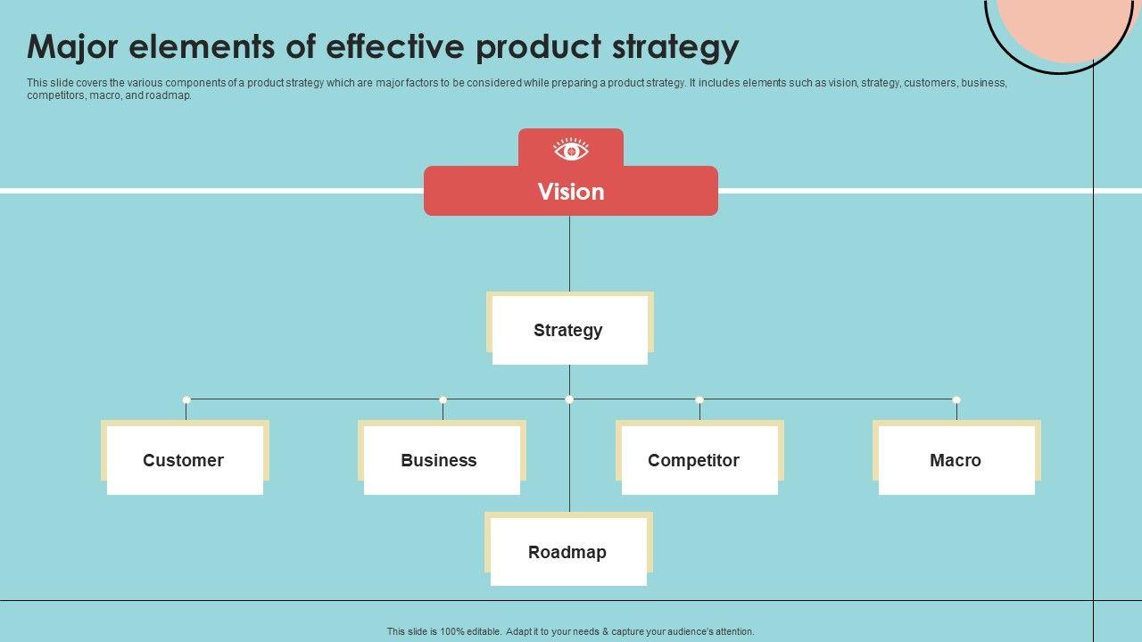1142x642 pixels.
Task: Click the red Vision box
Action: tap(570, 192)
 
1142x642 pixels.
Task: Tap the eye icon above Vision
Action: tap(571, 150)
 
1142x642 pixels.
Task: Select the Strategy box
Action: tap(569, 330)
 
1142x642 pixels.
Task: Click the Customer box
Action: tap(185, 460)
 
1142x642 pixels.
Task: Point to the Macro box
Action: tap(956, 460)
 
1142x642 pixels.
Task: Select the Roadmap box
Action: tap(568, 552)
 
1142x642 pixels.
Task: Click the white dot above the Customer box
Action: tap(186, 399)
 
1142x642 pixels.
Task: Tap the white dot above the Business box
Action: tap(443, 399)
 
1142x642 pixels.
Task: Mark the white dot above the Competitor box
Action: tap(699, 399)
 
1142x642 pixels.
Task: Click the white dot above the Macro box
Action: tap(956, 399)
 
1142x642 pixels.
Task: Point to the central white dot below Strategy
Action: tap(569, 399)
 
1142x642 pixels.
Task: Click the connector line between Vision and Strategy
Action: tap(569, 254)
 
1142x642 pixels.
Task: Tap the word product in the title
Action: tap(538, 46)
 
